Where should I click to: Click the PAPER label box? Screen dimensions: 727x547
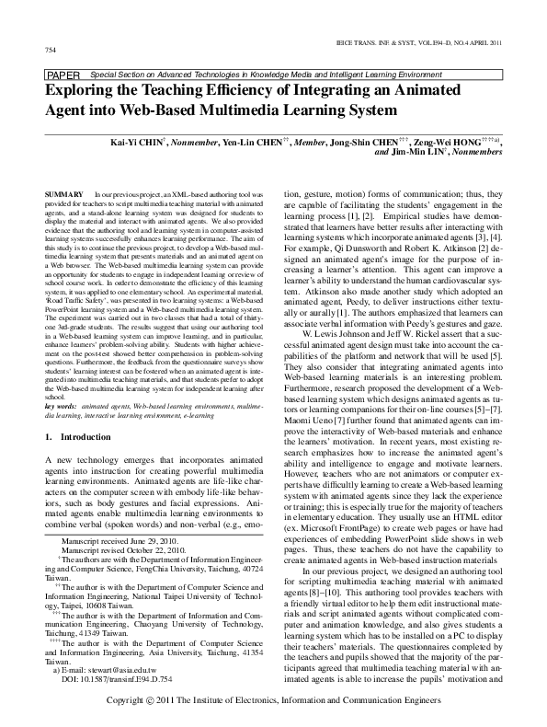tap(63, 73)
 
